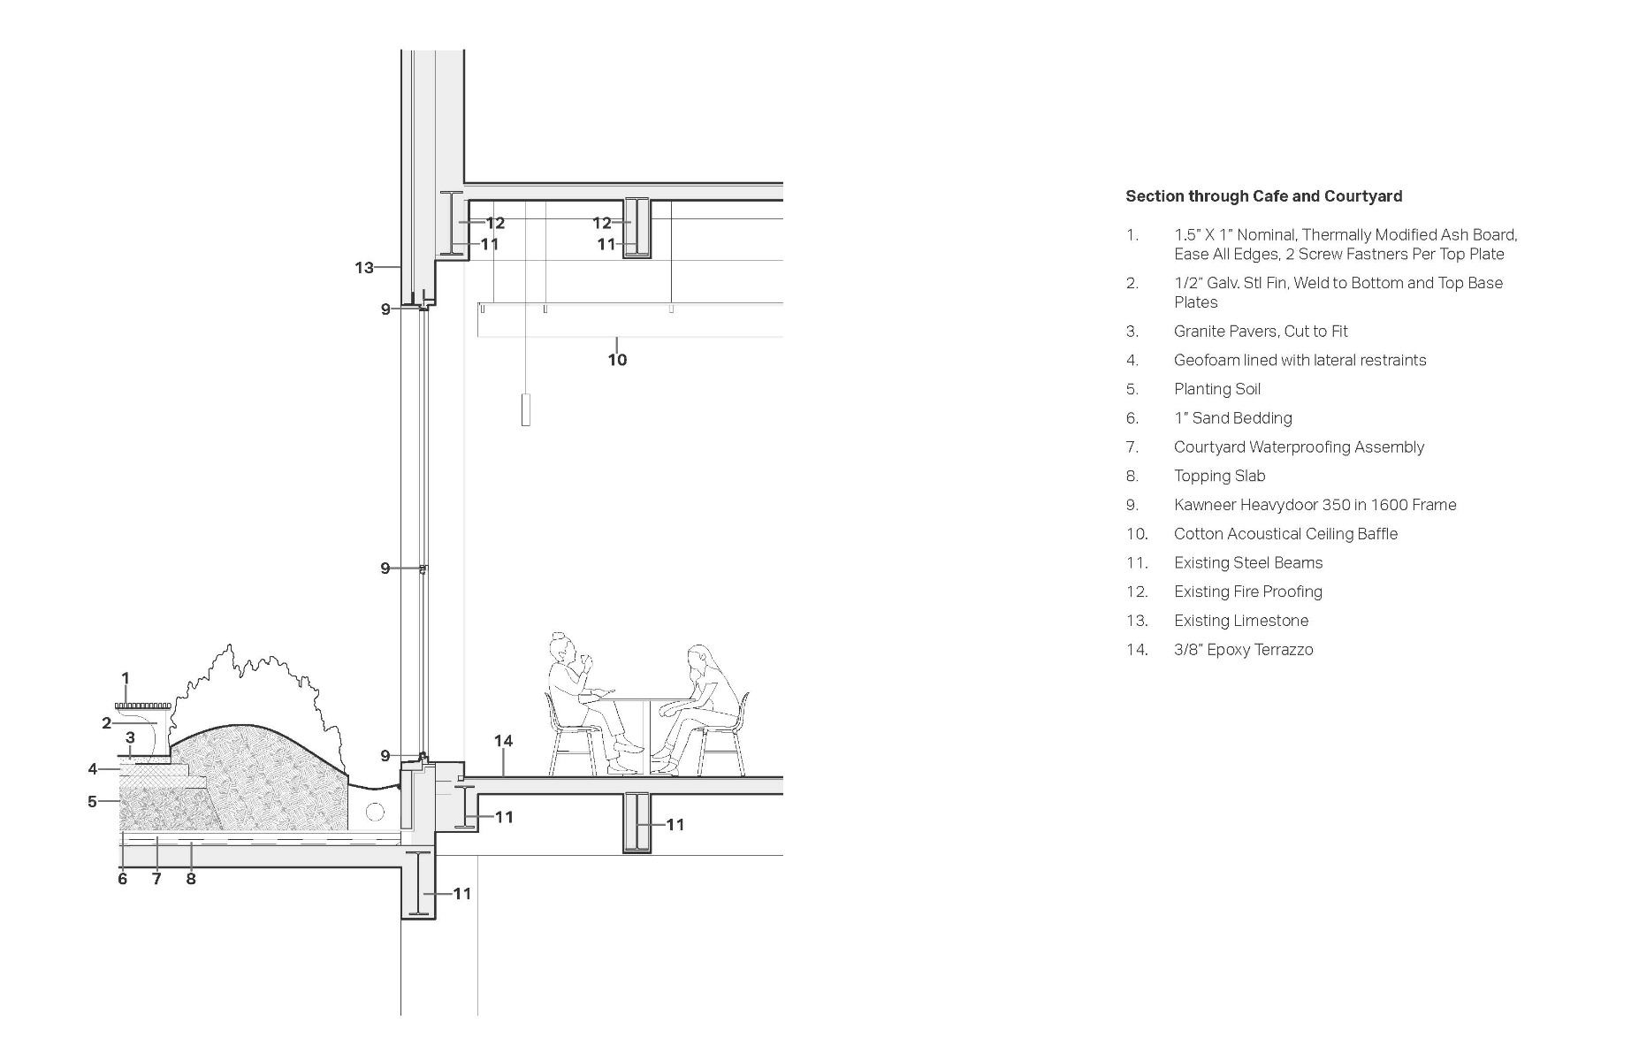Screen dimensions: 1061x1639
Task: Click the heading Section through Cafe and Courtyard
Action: (1263, 196)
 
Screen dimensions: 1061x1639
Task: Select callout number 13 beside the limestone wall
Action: (363, 267)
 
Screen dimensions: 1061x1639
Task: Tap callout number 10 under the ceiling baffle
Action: (617, 360)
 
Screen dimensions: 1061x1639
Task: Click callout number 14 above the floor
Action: (503, 741)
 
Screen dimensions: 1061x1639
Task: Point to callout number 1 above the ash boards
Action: (126, 679)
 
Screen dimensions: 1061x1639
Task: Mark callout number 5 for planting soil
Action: (92, 802)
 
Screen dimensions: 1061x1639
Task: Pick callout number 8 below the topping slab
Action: (190, 879)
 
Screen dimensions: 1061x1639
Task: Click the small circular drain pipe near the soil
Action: (375, 812)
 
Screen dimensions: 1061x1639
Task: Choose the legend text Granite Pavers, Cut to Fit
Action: (1260, 332)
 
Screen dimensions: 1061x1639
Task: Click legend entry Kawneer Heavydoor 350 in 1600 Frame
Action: (1314, 505)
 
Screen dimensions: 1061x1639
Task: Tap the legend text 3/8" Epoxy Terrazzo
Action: (1243, 650)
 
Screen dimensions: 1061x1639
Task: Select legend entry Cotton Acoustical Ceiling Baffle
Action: (1285, 534)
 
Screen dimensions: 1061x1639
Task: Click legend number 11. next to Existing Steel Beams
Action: (1137, 563)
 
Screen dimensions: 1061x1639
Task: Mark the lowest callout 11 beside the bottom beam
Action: (462, 894)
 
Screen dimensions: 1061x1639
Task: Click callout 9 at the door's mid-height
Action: (385, 568)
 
